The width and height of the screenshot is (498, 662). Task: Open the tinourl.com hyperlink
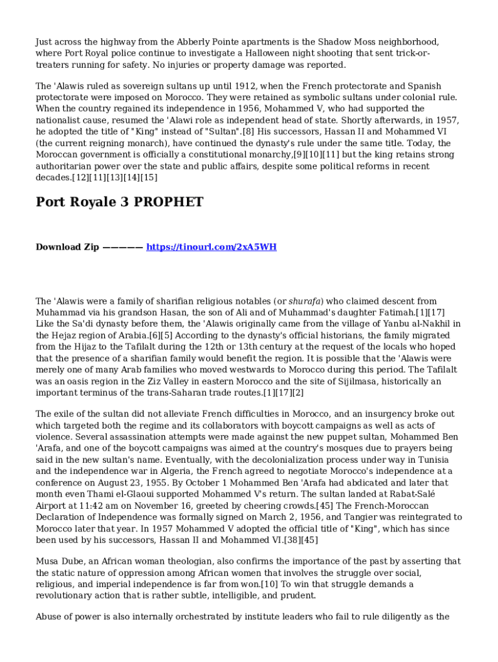(x=211, y=247)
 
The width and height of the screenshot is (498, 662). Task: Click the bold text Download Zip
(x=67, y=247)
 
